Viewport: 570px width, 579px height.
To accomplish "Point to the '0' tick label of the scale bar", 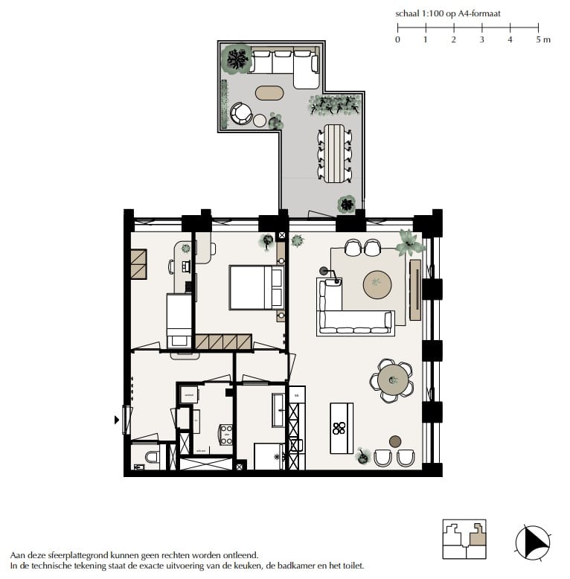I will click(x=397, y=39).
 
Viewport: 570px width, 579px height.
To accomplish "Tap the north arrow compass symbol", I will click(x=533, y=542).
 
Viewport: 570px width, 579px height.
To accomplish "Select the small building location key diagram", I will click(x=464, y=539).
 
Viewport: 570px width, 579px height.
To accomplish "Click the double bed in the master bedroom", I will click(x=256, y=287).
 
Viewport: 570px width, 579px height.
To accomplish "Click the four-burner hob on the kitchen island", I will click(x=339, y=428).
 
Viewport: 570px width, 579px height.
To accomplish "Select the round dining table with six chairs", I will click(x=392, y=380).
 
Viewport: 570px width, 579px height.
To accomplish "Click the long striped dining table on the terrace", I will click(x=334, y=153).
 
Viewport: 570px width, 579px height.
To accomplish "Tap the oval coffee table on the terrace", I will click(x=269, y=93).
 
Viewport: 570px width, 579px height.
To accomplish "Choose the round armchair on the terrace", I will click(x=241, y=113).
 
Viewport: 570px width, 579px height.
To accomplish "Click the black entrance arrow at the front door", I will click(x=116, y=420).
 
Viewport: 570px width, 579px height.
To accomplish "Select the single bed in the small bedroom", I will click(x=179, y=320).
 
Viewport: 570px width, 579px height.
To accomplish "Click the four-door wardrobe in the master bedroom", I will click(x=224, y=342).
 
